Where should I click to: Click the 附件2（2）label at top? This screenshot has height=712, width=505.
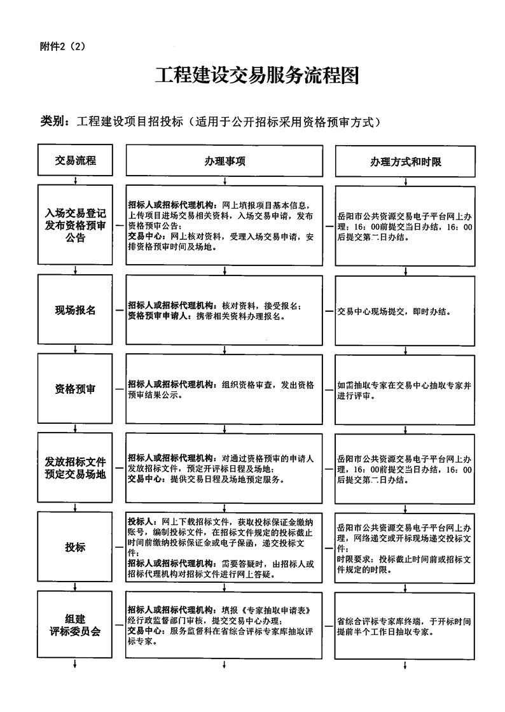click(67, 46)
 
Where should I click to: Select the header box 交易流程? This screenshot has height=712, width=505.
click(75, 161)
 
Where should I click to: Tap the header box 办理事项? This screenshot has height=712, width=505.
click(225, 162)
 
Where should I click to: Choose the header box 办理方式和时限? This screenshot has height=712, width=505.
click(405, 162)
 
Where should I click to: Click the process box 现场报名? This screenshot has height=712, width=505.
click(75, 310)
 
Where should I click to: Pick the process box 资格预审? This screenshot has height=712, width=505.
click(75, 389)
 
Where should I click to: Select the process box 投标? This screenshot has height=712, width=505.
click(75, 547)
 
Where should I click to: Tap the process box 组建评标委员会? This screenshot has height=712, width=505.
click(75, 625)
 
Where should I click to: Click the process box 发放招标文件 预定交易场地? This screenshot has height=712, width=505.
click(75, 468)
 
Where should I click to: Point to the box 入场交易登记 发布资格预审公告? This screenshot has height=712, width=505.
click(75, 225)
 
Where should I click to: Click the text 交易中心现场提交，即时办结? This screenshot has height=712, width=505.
click(394, 312)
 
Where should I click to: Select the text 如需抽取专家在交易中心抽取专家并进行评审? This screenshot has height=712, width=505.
click(405, 389)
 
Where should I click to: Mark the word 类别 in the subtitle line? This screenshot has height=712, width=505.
click(52, 121)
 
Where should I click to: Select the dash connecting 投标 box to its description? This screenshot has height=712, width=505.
click(119, 547)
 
